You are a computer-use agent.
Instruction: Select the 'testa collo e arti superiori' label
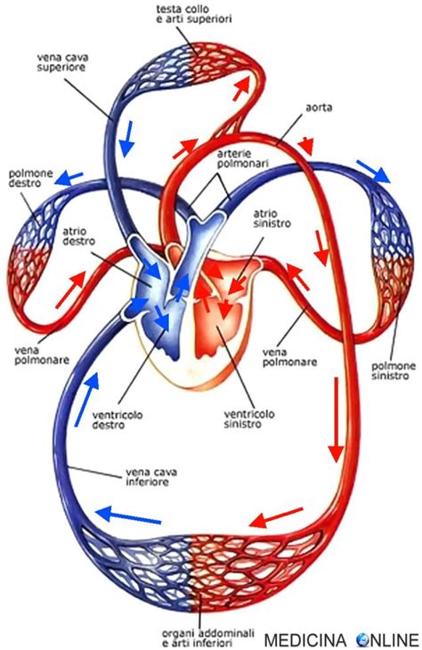185,14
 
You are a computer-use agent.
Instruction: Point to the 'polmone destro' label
28,177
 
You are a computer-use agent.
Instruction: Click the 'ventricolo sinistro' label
242,419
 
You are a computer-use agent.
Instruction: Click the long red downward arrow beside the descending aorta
337,418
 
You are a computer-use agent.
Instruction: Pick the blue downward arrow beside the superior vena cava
128,136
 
